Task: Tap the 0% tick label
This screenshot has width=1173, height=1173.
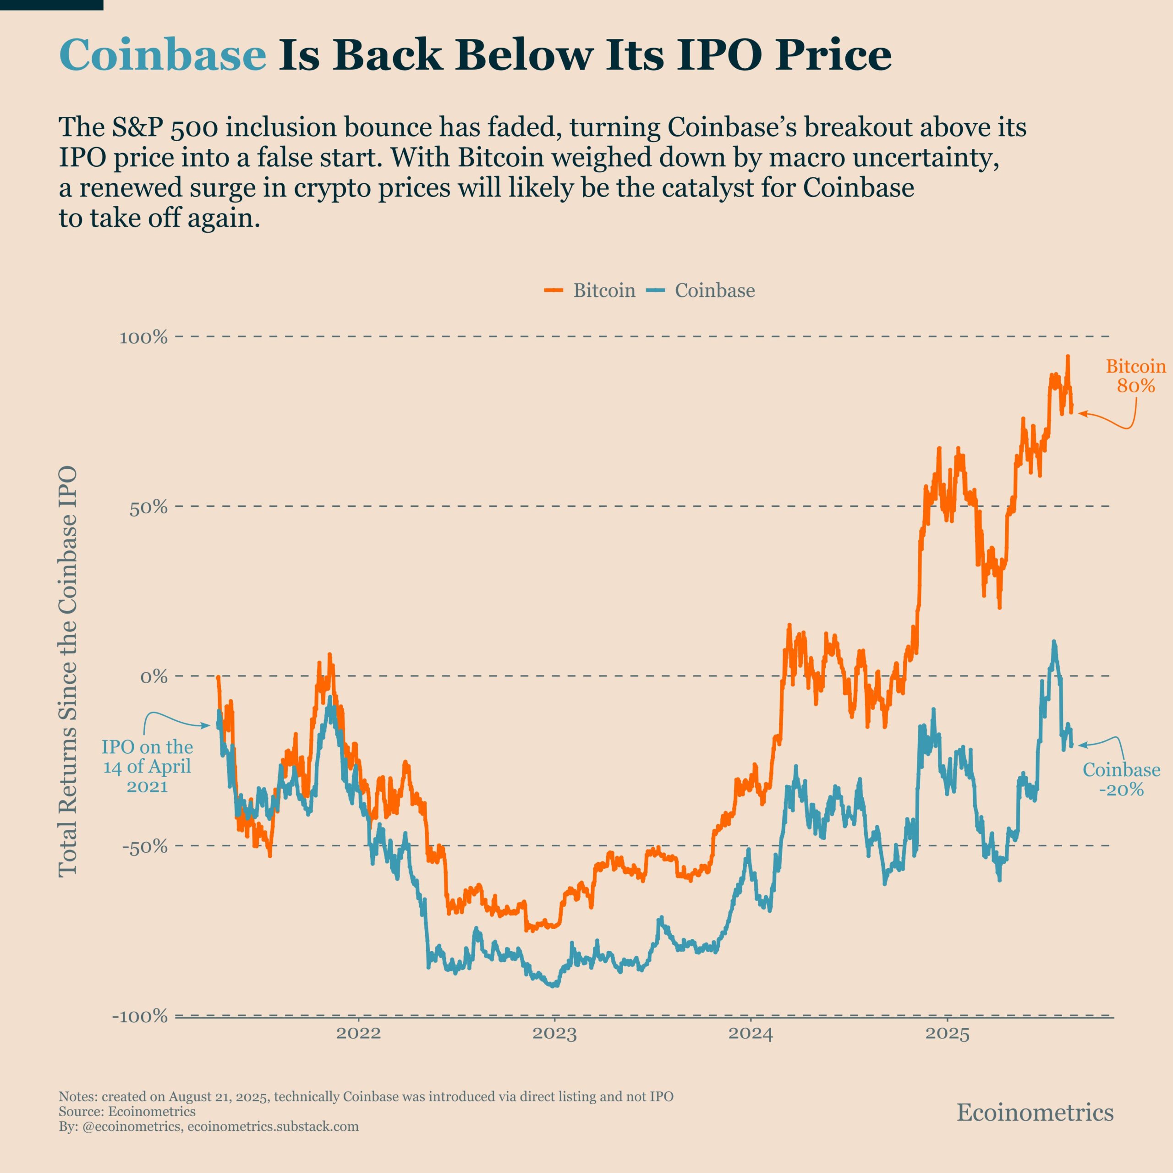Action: tap(153, 676)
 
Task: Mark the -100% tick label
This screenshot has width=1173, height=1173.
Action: tap(140, 1016)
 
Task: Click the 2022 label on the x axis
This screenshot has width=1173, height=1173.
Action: tap(358, 1034)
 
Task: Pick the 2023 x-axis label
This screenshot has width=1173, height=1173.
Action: tap(554, 1034)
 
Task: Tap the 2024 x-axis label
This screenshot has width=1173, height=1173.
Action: tap(751, 1034)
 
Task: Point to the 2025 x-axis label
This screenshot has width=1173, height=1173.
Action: tap(947, 1034)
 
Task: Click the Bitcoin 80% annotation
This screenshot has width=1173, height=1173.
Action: tap(1135, 376)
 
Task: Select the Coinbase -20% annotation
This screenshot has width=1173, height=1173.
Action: tap(1121, 779)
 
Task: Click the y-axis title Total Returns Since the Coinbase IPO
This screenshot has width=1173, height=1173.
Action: tap(68, 671)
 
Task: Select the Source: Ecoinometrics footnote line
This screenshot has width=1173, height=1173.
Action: tap(127, 1111)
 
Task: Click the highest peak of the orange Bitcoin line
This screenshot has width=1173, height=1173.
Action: tap(1067, 357)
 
